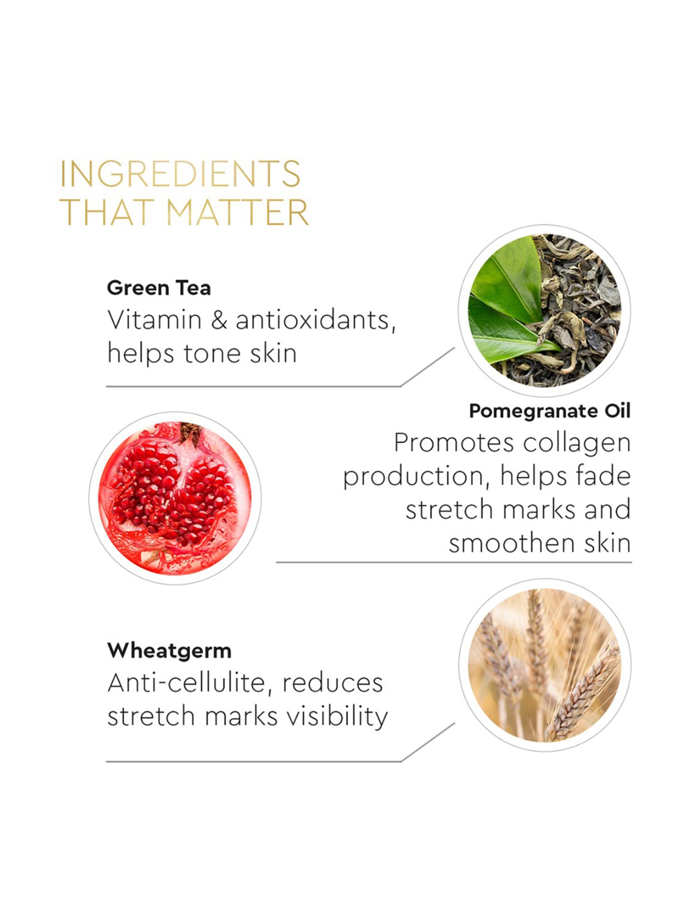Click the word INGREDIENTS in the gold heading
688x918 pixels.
point(180,174)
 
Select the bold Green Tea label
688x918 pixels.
point(159,288)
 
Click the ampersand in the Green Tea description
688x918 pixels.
point(219,320)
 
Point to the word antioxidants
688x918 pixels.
point(316,320)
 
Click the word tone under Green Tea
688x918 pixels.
point(212,354)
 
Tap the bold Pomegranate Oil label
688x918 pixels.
point(549,411)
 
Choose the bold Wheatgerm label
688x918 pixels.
point(169,650)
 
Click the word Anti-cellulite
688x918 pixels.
point(186,683)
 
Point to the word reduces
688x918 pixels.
point(333,683)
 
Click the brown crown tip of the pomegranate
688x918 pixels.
point(189,432)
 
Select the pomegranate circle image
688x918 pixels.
point(175,498)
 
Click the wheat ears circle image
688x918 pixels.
point(545,665)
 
